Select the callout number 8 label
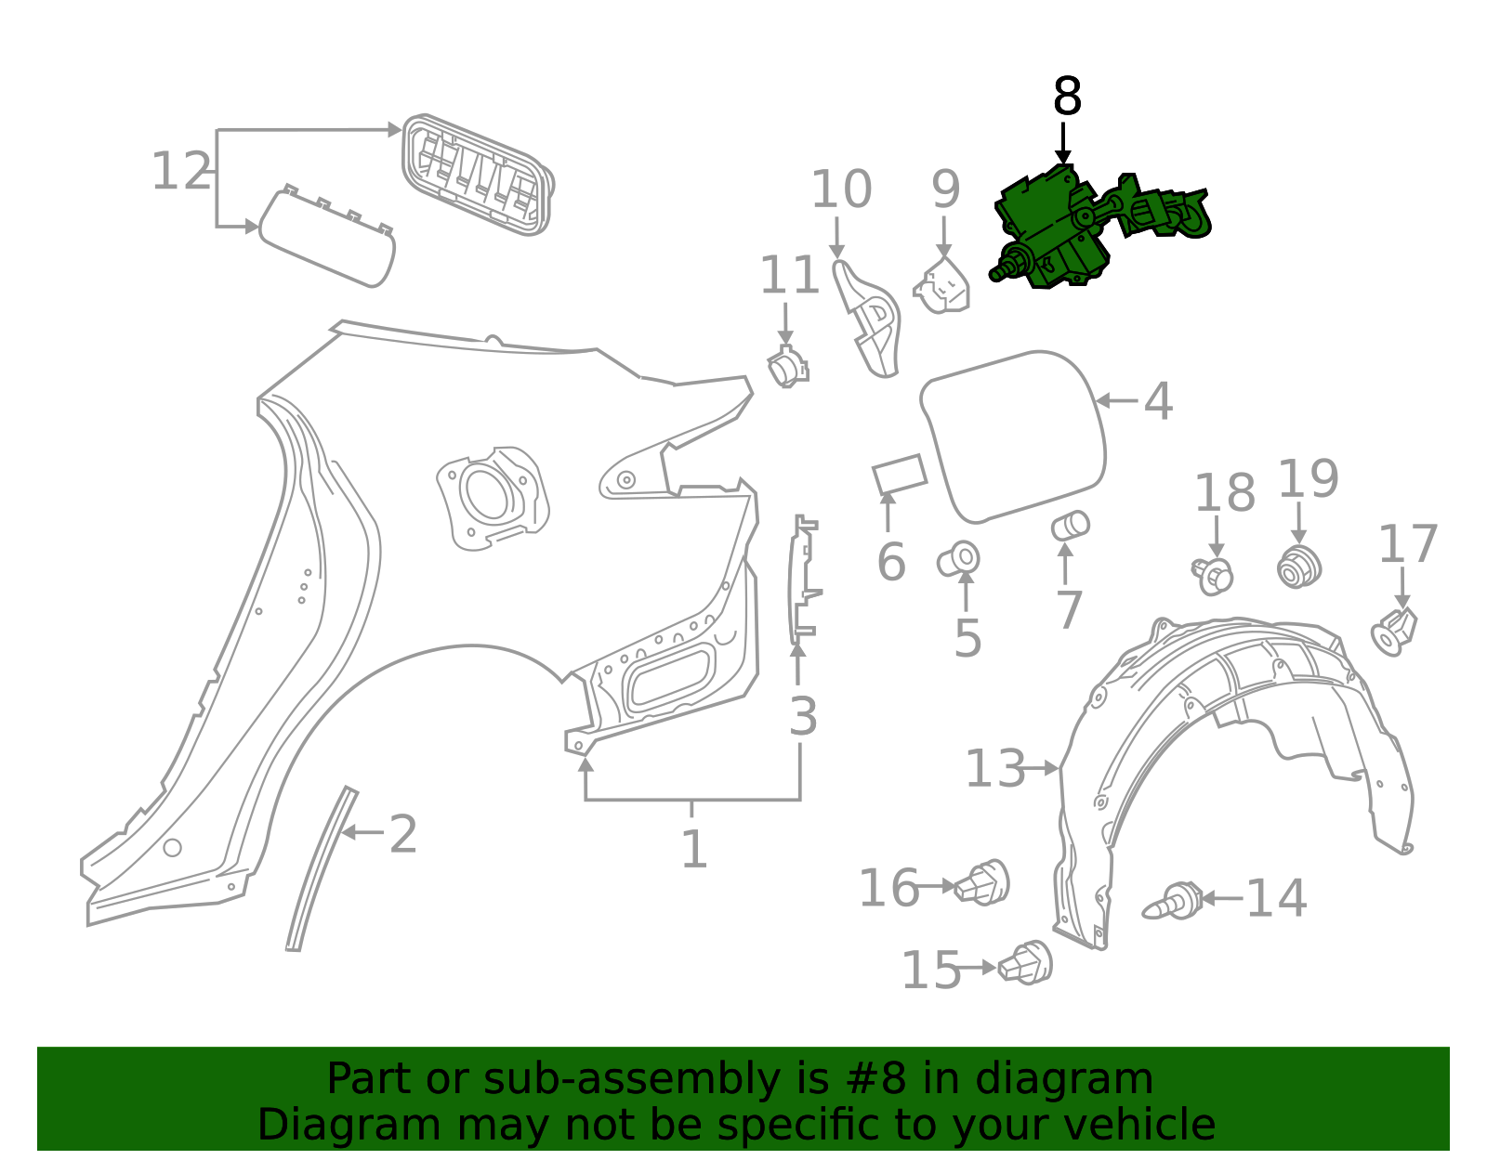(1067, 97)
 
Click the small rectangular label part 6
(899, 475)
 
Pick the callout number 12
(181, 172)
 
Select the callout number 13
(994, 769)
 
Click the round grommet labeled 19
(1299, 567)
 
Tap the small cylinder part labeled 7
(1070, 526)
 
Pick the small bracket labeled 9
(943, 285)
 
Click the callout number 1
(693, 850)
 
